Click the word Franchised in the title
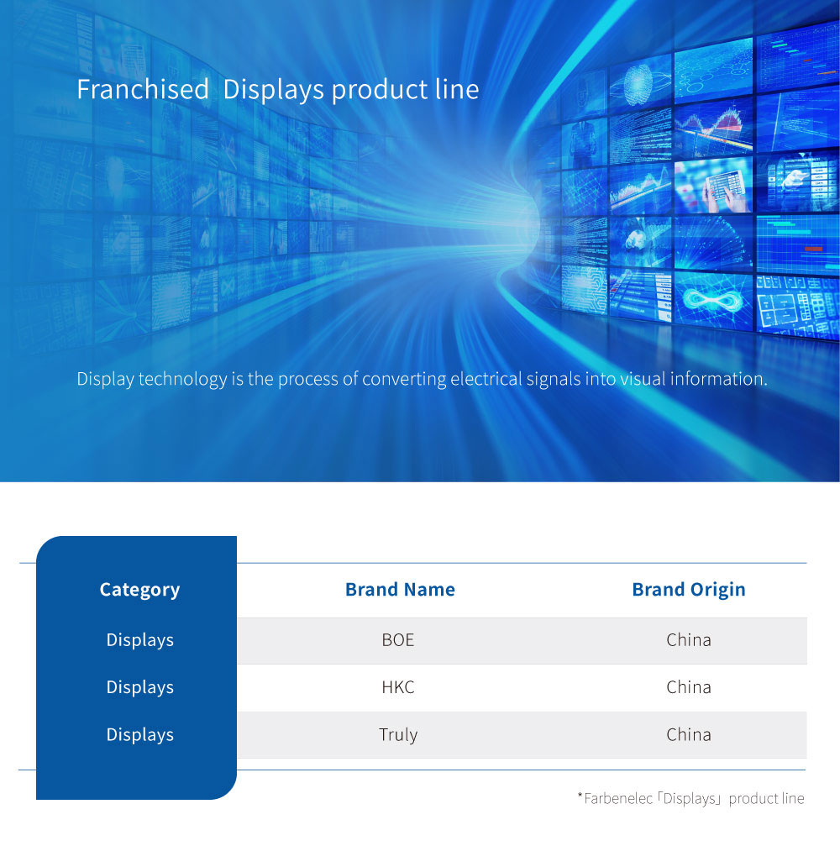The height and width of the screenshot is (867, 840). (x=143, y=89)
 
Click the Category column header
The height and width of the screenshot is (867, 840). (x=140, y=590)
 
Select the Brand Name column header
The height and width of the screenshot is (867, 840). (x=400, y=590)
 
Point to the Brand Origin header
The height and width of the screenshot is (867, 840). (x=689, y=590)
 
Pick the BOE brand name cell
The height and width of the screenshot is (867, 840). (x=397, y=639)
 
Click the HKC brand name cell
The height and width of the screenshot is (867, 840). (x=397, y=686)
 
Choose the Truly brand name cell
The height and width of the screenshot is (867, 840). (x=397, y=735)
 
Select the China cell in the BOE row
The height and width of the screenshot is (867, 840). (x=689, y=639)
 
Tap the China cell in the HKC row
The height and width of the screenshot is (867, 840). (x=689, y=686)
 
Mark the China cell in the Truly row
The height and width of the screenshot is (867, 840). (x=689, y=734)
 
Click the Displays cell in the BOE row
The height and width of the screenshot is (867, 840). (x=140, y=640)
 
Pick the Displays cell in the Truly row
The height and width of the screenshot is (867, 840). (x=140, y=735)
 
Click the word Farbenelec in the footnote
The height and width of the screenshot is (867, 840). (x=617, y=798)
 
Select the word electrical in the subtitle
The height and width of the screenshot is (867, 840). (x=486, y=379)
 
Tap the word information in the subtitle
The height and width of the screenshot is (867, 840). (x=718, y=379)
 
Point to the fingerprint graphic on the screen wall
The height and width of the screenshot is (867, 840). (x=639, y=84)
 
